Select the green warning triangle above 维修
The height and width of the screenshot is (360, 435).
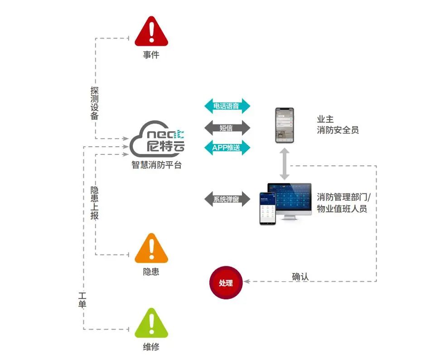click(151, 324)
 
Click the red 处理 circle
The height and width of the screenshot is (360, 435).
click(226, 283)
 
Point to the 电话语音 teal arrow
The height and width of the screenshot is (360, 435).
click(227, 107)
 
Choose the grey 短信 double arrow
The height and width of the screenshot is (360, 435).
click(227, 128)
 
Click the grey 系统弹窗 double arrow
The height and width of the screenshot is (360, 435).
click(227, 199)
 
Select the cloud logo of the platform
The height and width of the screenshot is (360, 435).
click(157, 139)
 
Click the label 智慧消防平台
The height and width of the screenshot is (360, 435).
click(156, 165)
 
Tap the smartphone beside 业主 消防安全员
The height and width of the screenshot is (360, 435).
click(285, 125)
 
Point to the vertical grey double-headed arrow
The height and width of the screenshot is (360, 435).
click(285, 163)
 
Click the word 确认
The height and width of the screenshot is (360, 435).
click(300, 276)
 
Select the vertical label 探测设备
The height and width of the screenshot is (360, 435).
click(95, 103)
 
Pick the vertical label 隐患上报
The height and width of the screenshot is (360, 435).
click(95, 202)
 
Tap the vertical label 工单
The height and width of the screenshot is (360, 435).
click(82, 300)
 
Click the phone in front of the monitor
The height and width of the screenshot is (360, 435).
click(267, 208)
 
